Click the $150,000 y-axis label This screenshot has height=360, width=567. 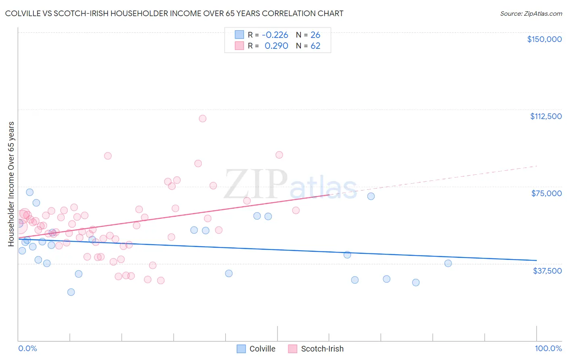[544, 39]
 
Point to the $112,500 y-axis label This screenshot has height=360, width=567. [546, 116]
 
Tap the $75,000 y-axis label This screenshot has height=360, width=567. [546, 193]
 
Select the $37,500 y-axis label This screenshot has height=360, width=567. [547, 271]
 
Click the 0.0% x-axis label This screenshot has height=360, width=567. [27, 348]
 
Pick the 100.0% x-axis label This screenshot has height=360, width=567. [548, 348]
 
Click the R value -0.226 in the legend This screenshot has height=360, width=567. [275, 35]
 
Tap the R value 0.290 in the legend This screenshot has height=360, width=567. [276, 46]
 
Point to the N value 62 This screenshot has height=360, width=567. [315, 46]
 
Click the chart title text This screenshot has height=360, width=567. [174, 13]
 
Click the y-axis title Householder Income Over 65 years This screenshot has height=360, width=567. [11, 184]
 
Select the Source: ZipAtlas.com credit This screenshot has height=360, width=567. [531, 14]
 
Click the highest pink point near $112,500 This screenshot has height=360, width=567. [202, 118]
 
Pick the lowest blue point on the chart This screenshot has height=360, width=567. [71, 292]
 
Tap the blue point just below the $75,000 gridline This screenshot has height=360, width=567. [371, 196]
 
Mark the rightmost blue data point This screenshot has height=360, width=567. [448, 263]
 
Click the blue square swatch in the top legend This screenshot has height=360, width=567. [240, 35]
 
